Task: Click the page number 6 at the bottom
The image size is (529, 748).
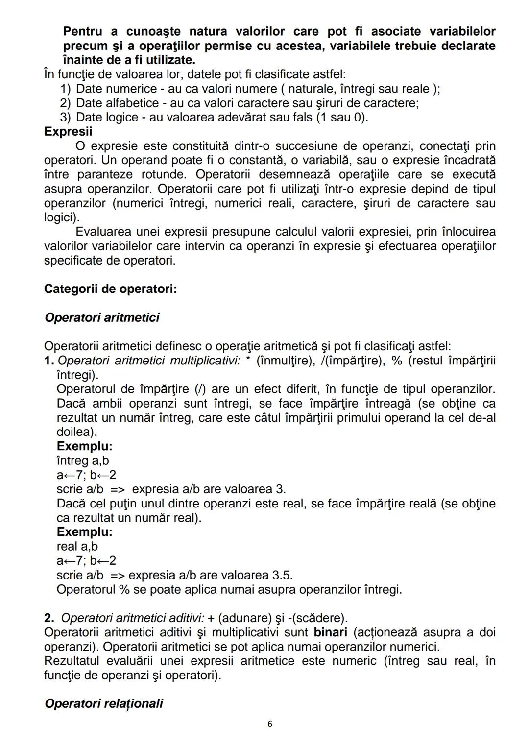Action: [x=270, y=724]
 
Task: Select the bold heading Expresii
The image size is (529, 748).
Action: [x=68, y=132]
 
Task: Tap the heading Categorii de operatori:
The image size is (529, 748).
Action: [x=110, y=289]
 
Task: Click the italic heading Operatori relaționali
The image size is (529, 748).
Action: [x=103, y=704]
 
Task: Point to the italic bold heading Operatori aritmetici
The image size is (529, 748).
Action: [x=102, y=318]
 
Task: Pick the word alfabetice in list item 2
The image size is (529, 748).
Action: [x=136, y=103]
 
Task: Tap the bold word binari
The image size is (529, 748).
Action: [x=331, y=632]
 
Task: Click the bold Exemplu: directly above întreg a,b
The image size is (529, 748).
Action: [x=84, y=447]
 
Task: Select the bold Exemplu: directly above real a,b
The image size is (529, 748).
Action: [x=84, y=532]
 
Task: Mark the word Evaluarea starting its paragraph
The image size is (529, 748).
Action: [x=103, y=232]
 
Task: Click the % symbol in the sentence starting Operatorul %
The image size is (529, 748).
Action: [x=124, y=590]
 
